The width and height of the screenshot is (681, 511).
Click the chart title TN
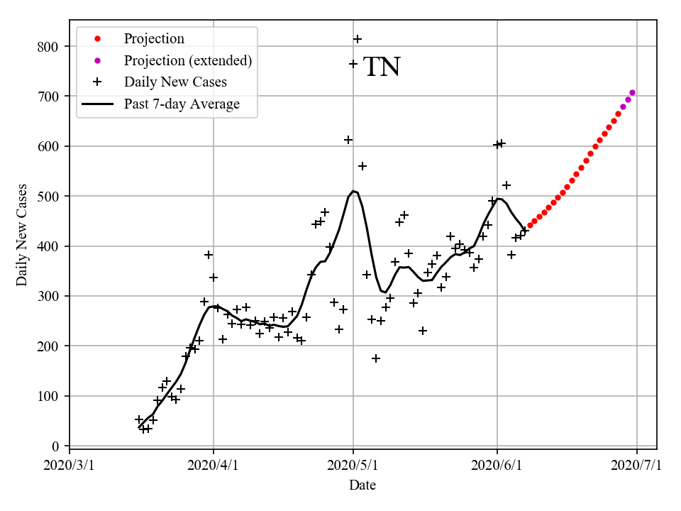coord(382,67)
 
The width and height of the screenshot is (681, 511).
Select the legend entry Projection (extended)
coord(187,60)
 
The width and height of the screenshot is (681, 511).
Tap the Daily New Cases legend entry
coord(175,82)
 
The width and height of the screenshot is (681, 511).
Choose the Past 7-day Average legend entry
coord(182,104)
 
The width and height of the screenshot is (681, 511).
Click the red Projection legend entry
coord(154,38)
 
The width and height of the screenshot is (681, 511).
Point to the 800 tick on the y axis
coord(48,47)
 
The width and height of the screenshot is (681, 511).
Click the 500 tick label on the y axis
coord(48,197)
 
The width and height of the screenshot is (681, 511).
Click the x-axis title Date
coord(362,485)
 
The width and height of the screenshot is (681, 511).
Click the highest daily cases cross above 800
coord(358,39)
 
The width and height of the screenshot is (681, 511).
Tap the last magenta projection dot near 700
coord(632,93)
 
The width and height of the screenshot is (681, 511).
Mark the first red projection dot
coord(530,226)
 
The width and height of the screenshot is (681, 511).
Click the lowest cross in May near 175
coord(376,358)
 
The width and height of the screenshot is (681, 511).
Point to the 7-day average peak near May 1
coord(353,191)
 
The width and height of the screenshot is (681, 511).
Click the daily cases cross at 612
coord(348,140)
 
